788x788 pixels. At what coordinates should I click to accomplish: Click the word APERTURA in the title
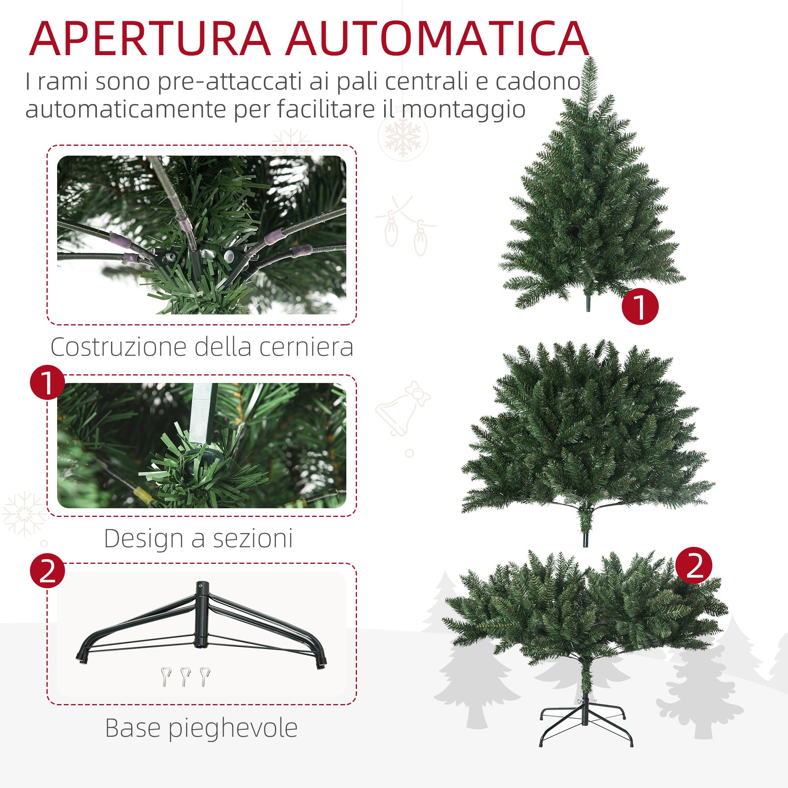coord(149,39)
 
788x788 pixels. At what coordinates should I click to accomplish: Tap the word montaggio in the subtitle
coord(463,109)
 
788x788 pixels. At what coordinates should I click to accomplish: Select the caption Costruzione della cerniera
coord(202,347)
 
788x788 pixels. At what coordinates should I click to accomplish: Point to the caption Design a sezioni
coord(199,538)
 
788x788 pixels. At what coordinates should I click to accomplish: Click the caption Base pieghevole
coord(201,728)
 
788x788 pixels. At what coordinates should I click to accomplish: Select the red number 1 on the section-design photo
coord(48,383)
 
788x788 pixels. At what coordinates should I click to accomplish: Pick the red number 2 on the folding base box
coord(48,571)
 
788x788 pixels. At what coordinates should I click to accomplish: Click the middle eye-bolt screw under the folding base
coord(185,676)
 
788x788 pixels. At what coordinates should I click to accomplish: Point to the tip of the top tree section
coord(590,61)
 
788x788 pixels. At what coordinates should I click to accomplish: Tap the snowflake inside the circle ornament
coord(403,137)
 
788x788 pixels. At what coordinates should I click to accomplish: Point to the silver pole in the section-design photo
coord(203,412)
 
